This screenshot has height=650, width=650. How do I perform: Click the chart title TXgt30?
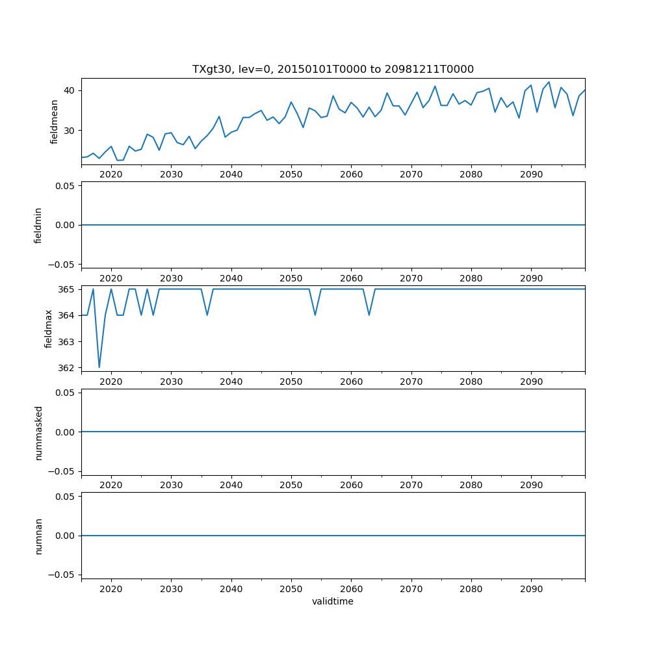tap(333, 69)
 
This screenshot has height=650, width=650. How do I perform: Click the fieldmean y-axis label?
tap(54, 122)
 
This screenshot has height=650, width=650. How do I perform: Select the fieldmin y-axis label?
tap(38, 225)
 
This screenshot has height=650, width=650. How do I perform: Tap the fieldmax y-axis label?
tap(48, 328)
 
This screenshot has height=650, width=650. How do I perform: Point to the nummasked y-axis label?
tap(38, 432)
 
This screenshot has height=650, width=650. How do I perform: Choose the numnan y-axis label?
tap(38, 536)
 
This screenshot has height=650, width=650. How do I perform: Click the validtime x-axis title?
tap(333, 601)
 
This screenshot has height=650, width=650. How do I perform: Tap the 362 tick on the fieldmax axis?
tap(66, 368)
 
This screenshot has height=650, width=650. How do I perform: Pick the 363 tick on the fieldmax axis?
tap(66, 342)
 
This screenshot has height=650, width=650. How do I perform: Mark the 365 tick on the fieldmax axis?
tap(66, 289)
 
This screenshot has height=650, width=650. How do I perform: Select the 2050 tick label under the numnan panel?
tap(291, 589)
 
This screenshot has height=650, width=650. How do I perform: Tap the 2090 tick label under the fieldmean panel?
tap(531, 175)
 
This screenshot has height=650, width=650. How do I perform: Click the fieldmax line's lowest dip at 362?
tap(99, 367)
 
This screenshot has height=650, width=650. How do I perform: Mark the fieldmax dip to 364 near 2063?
tap(369, 315)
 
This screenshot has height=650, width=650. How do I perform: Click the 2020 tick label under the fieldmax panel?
tap(111, 382)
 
